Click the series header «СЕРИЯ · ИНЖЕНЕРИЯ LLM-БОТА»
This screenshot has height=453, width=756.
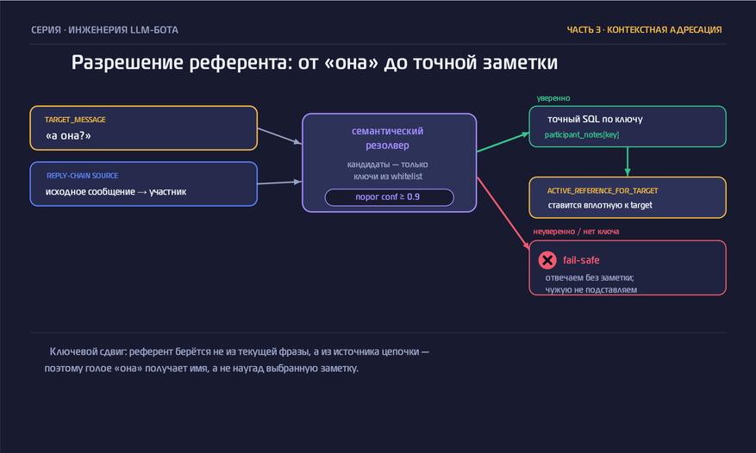104,30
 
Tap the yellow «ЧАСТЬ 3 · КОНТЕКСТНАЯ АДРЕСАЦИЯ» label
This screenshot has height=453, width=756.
644,30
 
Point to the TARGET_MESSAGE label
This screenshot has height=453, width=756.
75,120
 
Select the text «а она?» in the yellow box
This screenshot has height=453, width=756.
68,135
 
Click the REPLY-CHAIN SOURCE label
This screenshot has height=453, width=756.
83,176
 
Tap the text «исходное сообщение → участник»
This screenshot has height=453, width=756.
116,191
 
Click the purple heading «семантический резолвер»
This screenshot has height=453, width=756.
388,138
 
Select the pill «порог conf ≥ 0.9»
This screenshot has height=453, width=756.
389,197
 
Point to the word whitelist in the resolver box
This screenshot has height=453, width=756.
406,177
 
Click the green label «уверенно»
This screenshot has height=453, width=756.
553,98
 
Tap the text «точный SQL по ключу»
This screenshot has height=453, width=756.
595,119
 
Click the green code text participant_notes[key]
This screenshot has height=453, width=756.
582,134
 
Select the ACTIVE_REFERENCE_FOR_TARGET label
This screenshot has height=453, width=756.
603,190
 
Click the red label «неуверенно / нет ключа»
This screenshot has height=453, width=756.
576,232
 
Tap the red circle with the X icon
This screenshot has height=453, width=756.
547,260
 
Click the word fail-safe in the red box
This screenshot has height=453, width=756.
581,260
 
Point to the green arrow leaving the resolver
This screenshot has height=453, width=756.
503,142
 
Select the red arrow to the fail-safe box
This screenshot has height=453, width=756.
503,214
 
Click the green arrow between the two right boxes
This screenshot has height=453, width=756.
628,161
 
